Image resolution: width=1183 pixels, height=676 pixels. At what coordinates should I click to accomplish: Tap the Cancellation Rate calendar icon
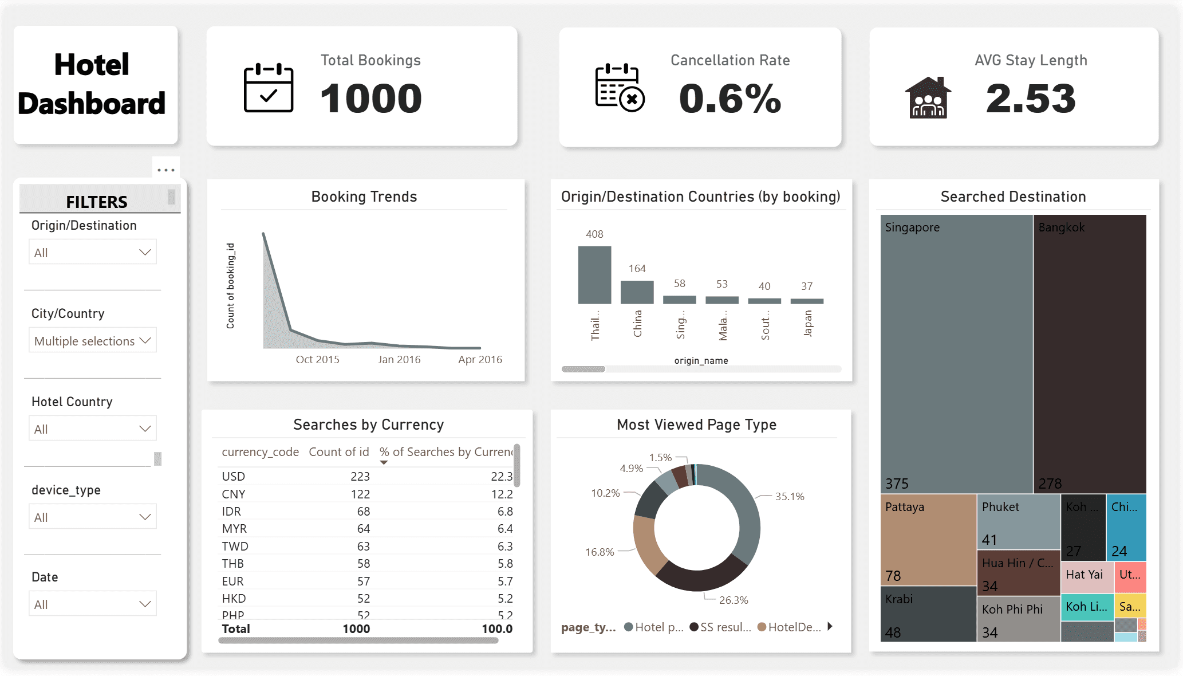[x=620, y=88]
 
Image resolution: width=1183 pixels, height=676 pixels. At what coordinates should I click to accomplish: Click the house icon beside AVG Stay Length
[x=928, y=97]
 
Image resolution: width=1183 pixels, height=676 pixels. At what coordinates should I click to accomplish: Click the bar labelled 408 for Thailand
[x=594, y=275]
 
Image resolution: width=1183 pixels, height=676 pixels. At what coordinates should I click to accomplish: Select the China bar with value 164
[x=637, y=292]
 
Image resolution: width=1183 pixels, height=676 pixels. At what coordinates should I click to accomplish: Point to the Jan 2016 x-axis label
[x=399, y=360]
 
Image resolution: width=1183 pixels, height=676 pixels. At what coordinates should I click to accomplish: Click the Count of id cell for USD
[x=360, y=477]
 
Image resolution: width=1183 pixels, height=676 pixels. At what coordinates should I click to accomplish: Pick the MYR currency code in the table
[x=234, y=529]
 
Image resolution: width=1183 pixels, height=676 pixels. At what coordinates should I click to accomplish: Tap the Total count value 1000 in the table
[x=356, y=629]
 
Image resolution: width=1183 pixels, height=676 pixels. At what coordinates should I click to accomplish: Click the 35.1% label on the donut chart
[x=790, y=497]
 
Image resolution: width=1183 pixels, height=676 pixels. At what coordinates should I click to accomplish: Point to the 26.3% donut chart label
[x=734, y=600]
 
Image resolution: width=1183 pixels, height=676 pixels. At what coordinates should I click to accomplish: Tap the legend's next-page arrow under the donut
[x=830, y=627]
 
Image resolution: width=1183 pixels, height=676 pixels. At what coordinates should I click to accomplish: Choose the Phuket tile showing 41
[x=1018, y=522]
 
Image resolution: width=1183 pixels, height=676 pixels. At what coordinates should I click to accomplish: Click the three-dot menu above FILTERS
[x=166, y=170]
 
